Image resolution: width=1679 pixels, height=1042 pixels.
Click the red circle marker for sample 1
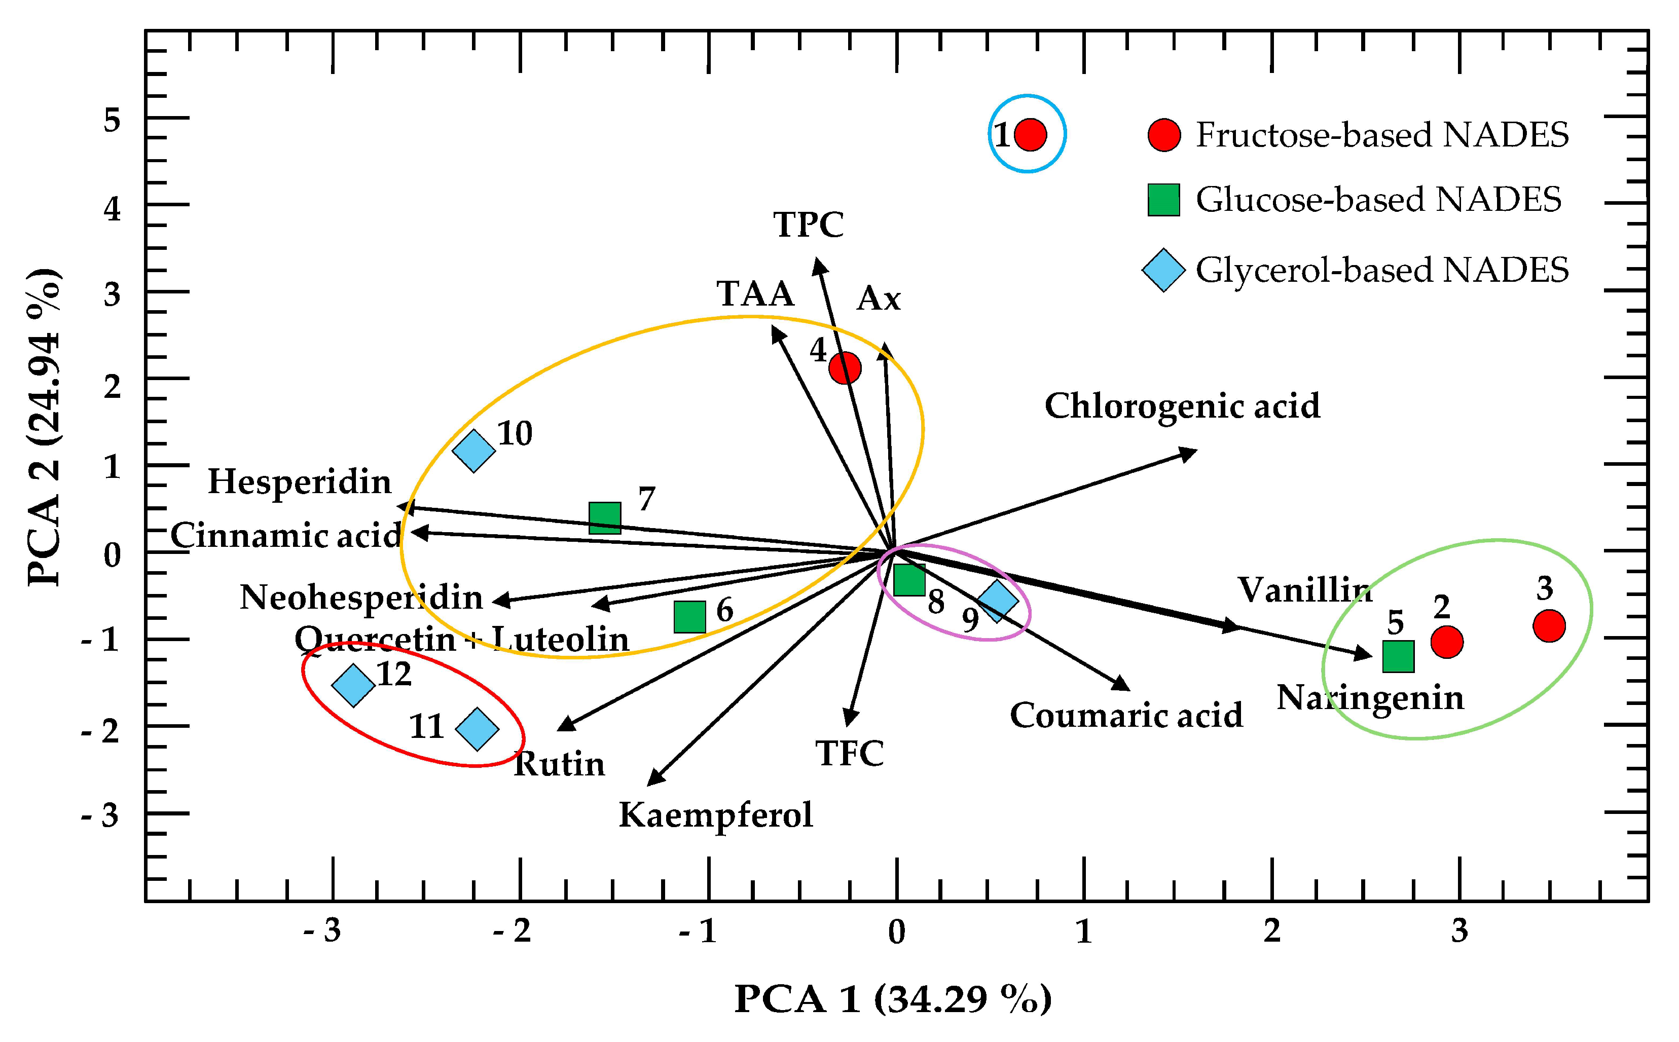point(1030,134)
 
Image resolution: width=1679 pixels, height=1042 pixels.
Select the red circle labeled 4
point(845,368)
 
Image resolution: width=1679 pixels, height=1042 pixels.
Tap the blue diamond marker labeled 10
point(473,451)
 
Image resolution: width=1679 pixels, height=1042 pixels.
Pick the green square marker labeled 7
point(604,517)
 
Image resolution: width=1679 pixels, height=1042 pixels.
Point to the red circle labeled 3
point(1549,626)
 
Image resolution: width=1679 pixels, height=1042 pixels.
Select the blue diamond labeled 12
point(353,685)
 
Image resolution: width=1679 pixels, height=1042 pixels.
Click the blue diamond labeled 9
point(997,600)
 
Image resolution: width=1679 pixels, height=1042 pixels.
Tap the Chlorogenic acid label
point(1182,406)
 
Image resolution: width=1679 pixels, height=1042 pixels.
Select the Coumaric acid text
point(1126,715)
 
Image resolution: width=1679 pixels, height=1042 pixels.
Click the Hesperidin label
point(300,481)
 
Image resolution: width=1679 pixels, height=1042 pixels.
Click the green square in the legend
point(1163,200)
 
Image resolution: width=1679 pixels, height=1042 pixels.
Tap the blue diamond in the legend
point(1163,270)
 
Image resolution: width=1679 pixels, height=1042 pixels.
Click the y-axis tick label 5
point(112,121)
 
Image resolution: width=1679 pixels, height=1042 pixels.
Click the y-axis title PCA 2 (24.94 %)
point(44,427)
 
